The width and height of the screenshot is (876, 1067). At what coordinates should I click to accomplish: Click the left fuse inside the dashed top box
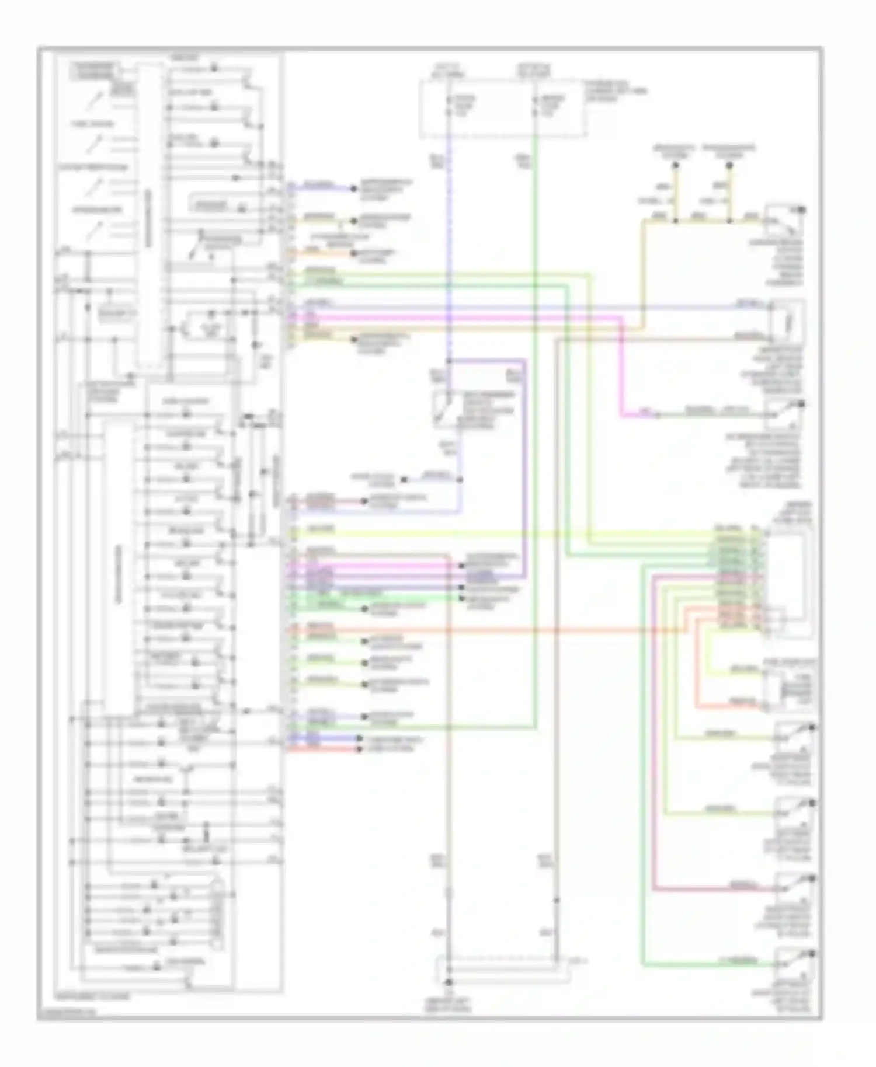(x=449, y=106)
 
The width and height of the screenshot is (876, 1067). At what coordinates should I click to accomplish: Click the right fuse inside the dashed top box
(x=536, y=106)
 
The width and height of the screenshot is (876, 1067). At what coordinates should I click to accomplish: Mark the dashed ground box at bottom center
(x=502, y=970)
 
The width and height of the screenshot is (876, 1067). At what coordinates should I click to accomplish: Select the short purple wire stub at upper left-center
(x=321, y=189)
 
